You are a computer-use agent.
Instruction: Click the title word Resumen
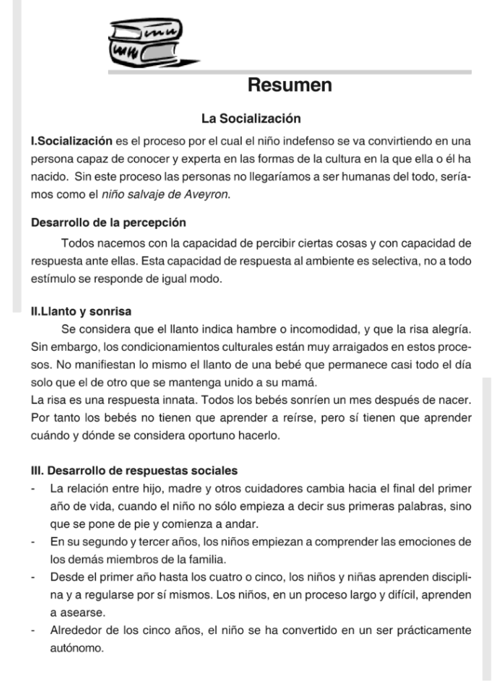point(290,85)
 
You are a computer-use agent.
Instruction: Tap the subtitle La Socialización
point(251,119)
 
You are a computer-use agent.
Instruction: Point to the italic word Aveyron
point(211,195)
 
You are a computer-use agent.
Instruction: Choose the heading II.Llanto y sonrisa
point(81,311)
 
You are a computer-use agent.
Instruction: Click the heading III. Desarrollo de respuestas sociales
point(134,470)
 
